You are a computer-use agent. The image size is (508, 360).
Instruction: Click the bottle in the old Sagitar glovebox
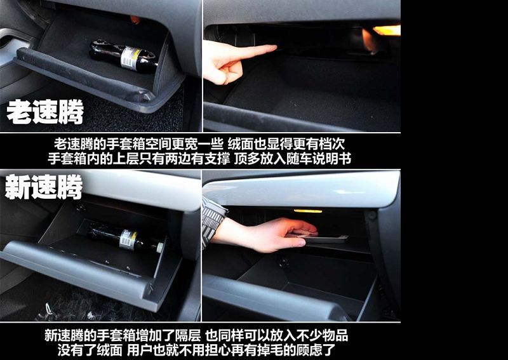[x=124, y=57]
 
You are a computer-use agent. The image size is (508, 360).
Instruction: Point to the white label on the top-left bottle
[x=131, y=58]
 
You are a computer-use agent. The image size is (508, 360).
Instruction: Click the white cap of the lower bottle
[x=160, y=248]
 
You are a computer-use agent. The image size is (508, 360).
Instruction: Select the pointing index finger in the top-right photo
[x=253, y=51]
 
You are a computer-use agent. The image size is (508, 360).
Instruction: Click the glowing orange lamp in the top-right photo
[x=387, y=30]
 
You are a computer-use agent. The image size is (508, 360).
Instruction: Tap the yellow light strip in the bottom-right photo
[x=308, y=211]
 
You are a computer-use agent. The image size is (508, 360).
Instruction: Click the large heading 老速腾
[x=45, y=112]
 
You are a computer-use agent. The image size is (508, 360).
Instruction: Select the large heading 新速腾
[x=44, y=187]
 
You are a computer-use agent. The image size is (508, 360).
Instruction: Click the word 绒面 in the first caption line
[x=241, y=144]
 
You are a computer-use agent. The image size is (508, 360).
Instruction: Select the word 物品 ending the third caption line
[x=335, y=335]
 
